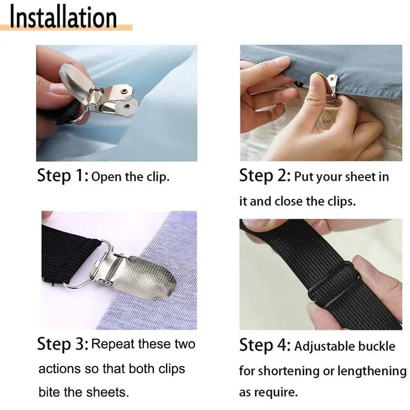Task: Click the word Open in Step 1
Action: [106, 177]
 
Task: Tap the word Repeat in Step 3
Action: [113, 343]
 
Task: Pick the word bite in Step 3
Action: [49, 393]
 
